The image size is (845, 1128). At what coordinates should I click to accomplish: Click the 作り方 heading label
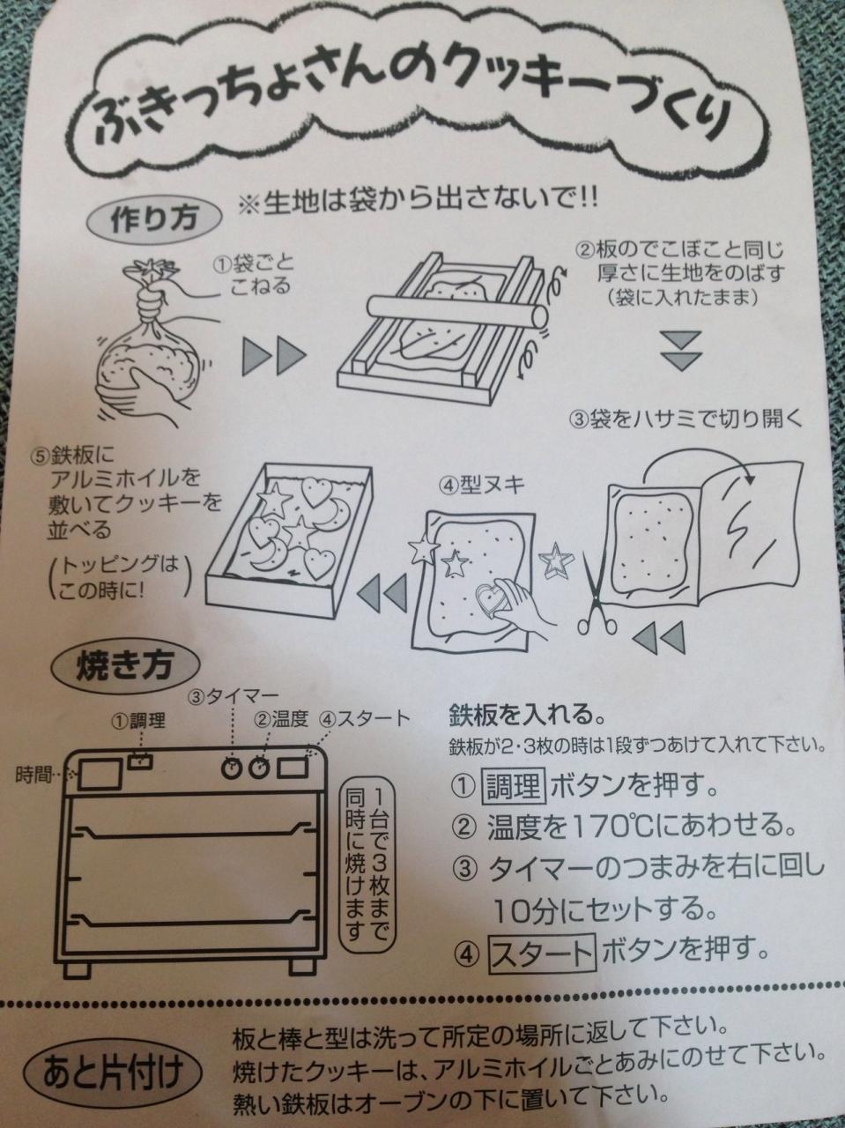tap(154, 219)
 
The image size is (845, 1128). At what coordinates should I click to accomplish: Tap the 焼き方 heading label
tap(124, 667)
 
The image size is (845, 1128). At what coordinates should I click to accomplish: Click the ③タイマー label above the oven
tap(233, 697)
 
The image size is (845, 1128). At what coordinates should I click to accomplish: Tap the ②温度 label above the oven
tap(281, 720)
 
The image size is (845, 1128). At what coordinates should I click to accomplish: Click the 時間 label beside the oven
tap(33, 774)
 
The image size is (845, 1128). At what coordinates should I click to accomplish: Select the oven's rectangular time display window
tap(100, 775)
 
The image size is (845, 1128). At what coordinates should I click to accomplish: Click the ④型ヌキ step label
tap(481, 486)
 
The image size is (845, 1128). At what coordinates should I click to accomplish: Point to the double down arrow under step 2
tap(681, 351)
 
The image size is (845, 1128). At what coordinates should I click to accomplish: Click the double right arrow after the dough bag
tap(274, 356)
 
